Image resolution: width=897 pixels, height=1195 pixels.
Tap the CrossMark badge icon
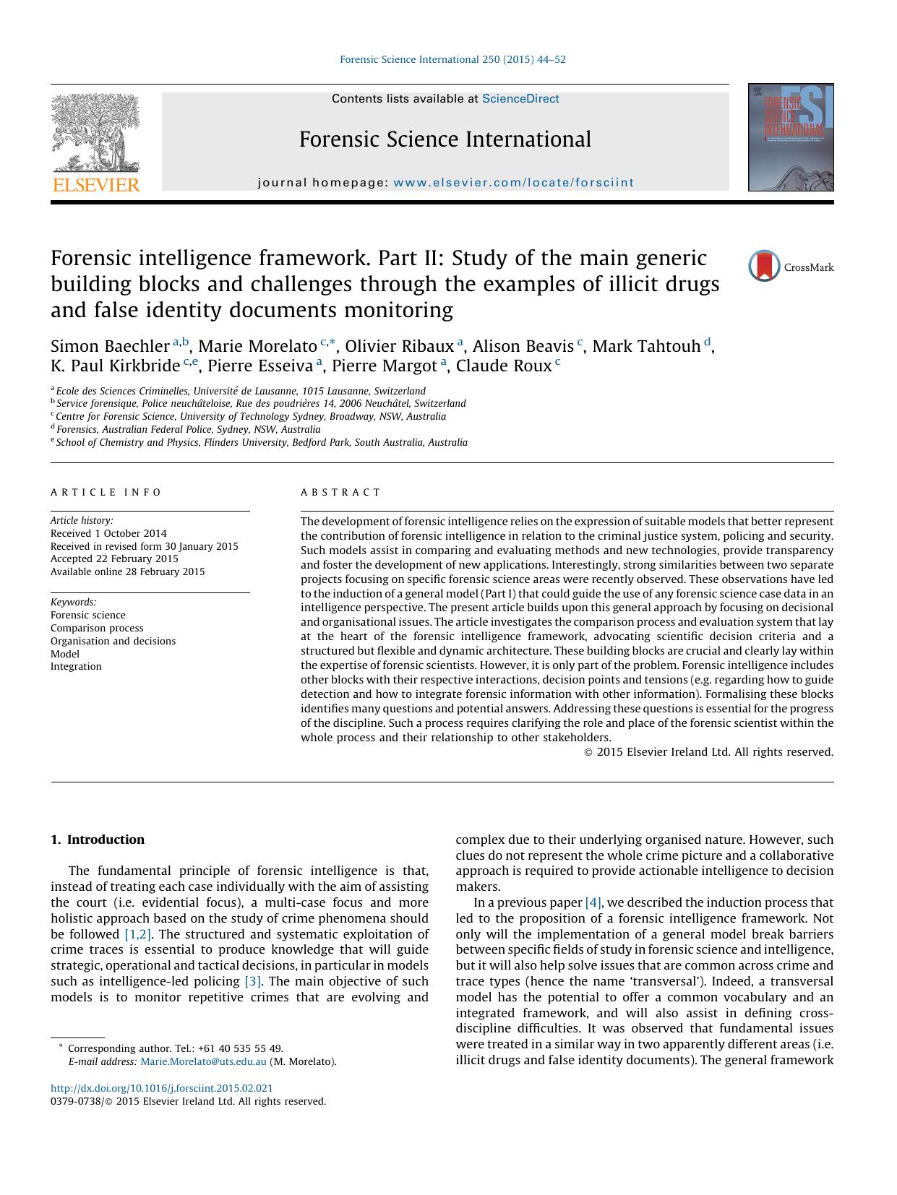point(764,266)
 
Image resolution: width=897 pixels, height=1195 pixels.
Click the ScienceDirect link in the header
point(520,99)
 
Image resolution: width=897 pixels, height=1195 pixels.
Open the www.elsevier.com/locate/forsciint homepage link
point(513,183)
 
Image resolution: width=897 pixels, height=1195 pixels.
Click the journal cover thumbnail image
point(790,137)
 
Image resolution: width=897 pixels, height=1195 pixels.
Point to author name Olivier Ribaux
point(399,346)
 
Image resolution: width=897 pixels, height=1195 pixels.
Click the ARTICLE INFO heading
point(106,492)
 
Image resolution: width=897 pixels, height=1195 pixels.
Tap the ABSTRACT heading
point(340,492)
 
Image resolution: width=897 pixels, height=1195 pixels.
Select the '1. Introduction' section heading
point(98,840)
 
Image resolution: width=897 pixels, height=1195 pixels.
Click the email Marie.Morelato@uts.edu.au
point(203,1061)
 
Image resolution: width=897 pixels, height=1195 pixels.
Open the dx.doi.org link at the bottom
point(162,1088)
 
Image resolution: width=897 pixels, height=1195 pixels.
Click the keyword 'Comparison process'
point(97,628)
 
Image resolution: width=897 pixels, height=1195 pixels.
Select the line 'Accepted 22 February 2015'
point(114,558)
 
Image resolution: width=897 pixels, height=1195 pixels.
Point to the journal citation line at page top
point(452,59)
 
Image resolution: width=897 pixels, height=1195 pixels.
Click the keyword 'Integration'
point(76,666)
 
